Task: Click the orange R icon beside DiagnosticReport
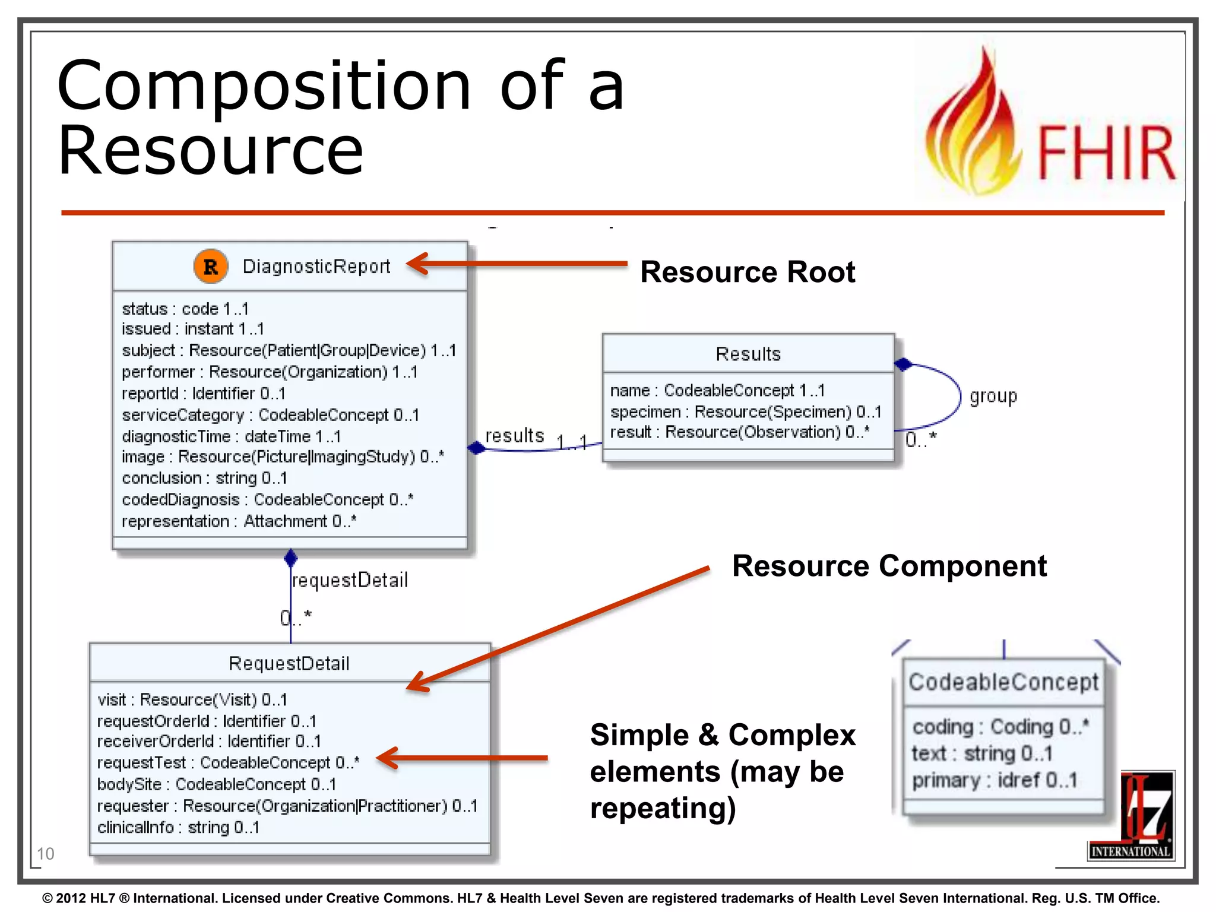coord(210,267)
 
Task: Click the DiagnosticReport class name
coord(316,267)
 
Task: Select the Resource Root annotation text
coord(747,272)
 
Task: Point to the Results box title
coord(748,354)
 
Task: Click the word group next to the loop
coord(993,396)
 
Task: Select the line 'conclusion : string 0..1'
coord(204,478)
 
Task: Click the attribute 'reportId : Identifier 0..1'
coord(204,393)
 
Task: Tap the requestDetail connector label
coord(350,580)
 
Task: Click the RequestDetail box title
coord(289,663)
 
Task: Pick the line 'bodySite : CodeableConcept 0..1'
coord(217,784)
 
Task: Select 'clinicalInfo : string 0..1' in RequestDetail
coord(178,827)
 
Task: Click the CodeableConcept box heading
coord(1003,682)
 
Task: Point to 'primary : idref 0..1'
coord(994,780)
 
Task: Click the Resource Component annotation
coord(889,566)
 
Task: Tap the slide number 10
coord(45,854)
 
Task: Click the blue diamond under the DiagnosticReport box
coord(290,558)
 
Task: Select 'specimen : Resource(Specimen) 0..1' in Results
coord(746,411)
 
